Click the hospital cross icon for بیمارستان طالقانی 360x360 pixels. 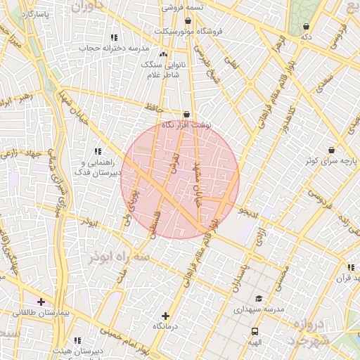coord(41,302)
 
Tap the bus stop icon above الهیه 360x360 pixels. coord(255,331)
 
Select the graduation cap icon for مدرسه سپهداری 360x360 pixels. coord(258,298)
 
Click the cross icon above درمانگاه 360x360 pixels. coord(165,316)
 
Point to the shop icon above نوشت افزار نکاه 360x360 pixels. coord(186,114)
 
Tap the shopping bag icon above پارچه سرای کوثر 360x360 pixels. coord(331,150)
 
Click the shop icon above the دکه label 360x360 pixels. coord(306,26)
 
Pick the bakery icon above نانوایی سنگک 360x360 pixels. coord(164,53)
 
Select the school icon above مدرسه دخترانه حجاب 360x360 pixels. coord(114,37)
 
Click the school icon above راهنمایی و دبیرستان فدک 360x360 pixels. coord(98,151)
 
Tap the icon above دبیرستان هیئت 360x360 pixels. coord(77,340)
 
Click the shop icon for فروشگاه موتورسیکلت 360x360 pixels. coord(187,20)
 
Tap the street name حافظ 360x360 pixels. coord(153,107)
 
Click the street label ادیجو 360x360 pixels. coord(249,210)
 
